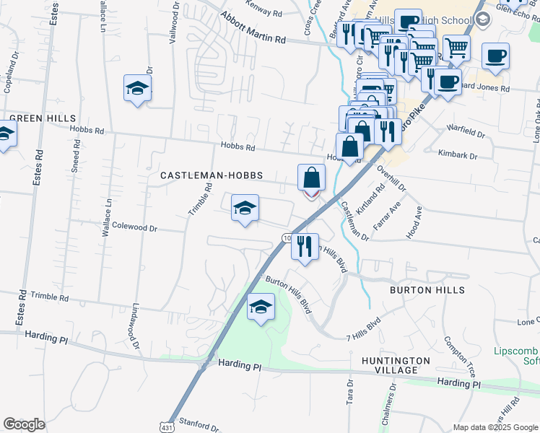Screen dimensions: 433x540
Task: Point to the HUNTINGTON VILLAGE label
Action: point(396,365)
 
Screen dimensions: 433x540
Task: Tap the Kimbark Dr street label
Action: point(458,155)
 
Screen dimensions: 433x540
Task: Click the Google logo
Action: point(24,424)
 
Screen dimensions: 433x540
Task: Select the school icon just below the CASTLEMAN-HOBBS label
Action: point(245,209)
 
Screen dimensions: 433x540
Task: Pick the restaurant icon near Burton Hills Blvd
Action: point(305,246)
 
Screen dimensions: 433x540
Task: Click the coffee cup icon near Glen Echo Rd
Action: point(495,56)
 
